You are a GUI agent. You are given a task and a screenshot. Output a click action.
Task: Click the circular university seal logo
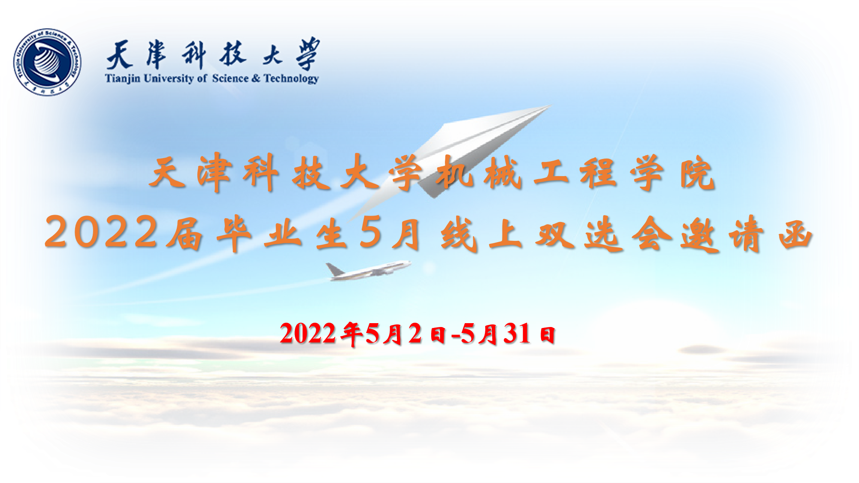pyautogui.click(x=47, y=62)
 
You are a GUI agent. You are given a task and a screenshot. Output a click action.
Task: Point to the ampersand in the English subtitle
pyautogui.click(x=256, y=78)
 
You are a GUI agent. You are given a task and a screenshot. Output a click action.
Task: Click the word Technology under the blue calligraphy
pyautogui.click(x=291, y=79)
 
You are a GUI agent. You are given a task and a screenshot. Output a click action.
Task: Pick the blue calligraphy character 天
pyautogui.click(x=120, y=55)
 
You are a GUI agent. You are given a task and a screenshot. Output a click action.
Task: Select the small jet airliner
pyautogui.click(x=368, y=270)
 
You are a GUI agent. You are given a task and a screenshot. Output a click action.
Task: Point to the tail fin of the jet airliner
pyautogui.click(x=334, y=269)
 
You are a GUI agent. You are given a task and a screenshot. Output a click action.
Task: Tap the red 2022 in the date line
pyautogui.click(x=308, y=333)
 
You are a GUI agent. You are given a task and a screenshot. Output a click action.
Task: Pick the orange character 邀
pyautogui.click(x=699, y=234)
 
